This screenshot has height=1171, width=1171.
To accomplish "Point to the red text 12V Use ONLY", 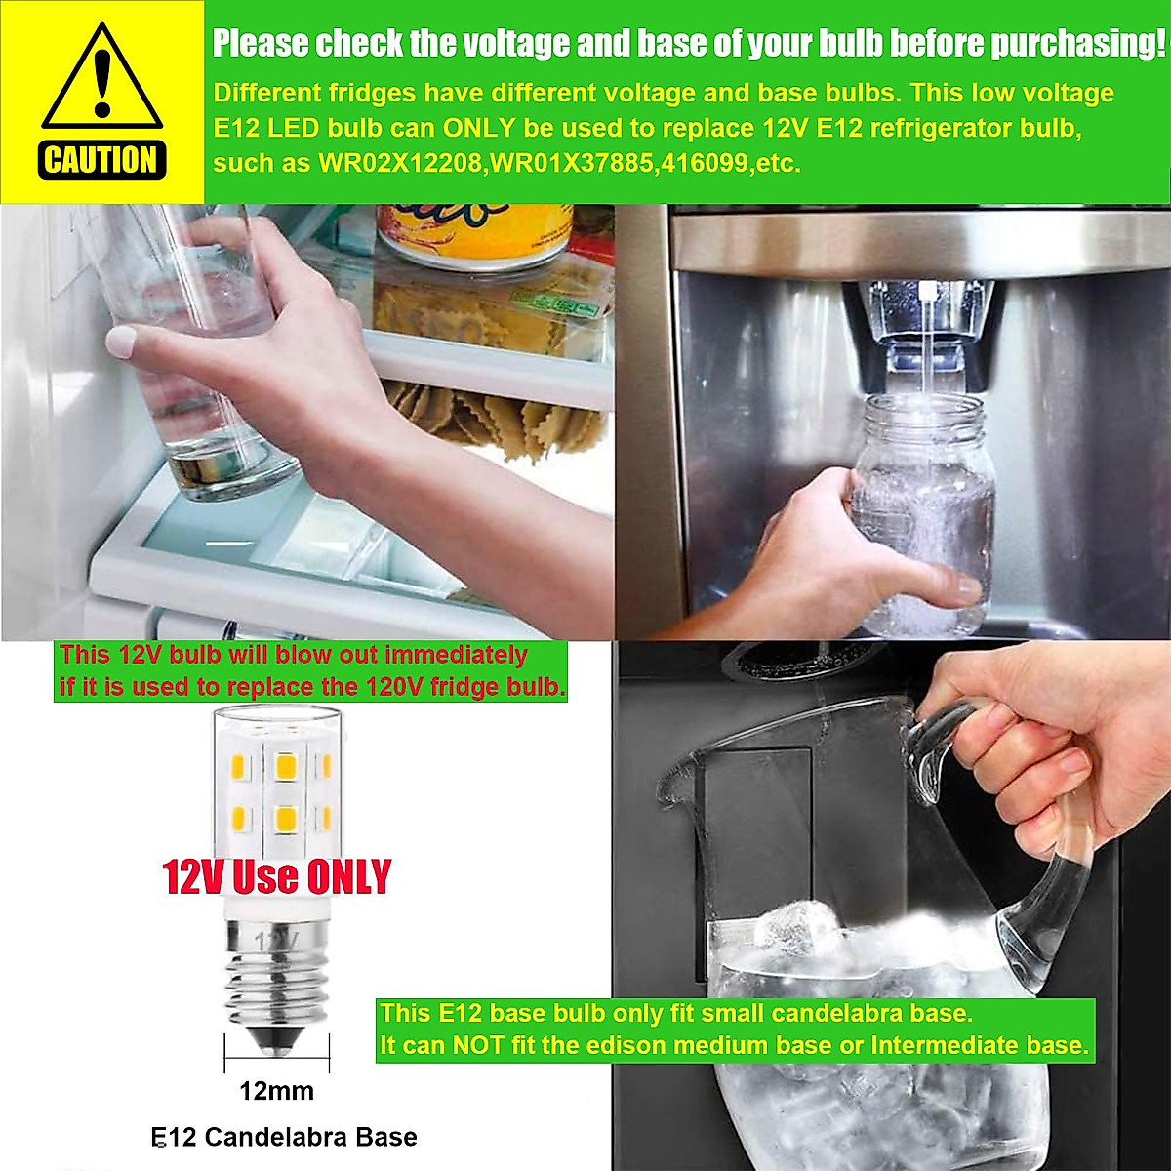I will pyautogui.click(x=277, y=876).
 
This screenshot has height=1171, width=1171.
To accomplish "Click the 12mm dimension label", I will pyautogui.click(x=277, y=1091).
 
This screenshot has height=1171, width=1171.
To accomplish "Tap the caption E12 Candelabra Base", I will pyautogui.click(x=284, y=1137).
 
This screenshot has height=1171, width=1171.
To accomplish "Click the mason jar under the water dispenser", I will pyautogui.click(x=921, y=517).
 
